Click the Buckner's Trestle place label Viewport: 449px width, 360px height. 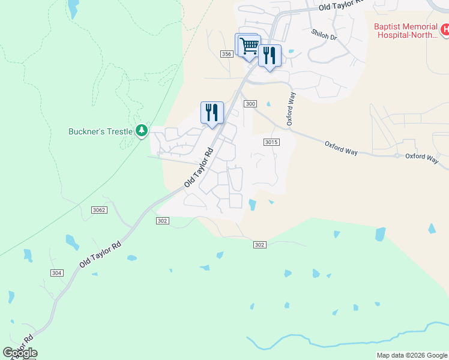tap(100, 131)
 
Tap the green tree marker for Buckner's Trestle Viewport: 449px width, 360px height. tap(142, 130)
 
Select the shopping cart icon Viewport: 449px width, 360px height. tap(249, 46)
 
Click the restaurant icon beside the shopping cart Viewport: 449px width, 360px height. tap(270, 56)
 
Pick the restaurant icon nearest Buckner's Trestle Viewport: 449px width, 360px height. tap(212, 112)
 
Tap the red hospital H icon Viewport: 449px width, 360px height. tap(444, 29)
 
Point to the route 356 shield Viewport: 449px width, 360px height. tap(226, 54)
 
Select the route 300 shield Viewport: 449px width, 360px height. tap(250, 104)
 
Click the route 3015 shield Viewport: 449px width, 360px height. tap(271, 142)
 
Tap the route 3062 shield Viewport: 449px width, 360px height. tap(100, 209)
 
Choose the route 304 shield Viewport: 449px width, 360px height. tap(56, 272)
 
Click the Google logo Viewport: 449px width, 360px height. tap(20, 353)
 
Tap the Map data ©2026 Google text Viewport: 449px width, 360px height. tap(412, 355)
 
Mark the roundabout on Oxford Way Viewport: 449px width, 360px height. tap(397, 155)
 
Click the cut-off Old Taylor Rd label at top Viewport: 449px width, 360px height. tap(342, 5)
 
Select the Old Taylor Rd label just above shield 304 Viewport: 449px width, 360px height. tap(100, 254)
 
